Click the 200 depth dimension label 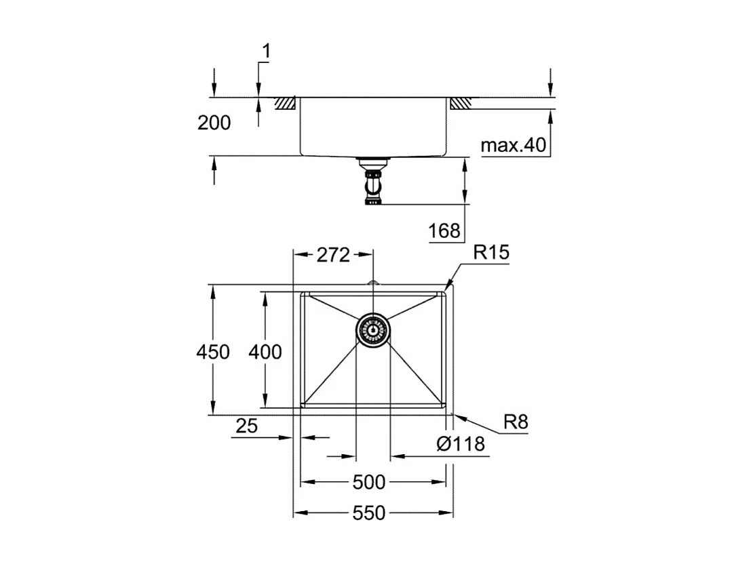coord(214,123)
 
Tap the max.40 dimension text coord(513,146)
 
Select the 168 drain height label coord(444,231)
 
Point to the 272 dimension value coord(333,255)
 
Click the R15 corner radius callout coord(491,253)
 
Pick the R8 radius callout coord(516,423)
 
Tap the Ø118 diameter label coord(461,444)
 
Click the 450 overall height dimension coord(213,352)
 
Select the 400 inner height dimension coord(265,352)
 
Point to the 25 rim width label coord(247,426)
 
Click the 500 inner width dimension coord(369,482)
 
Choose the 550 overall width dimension coord(369,513)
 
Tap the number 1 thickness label coord(266,52)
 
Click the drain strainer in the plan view coord(372,331)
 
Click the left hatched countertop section coord(285,103)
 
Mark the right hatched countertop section coord(460,103)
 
